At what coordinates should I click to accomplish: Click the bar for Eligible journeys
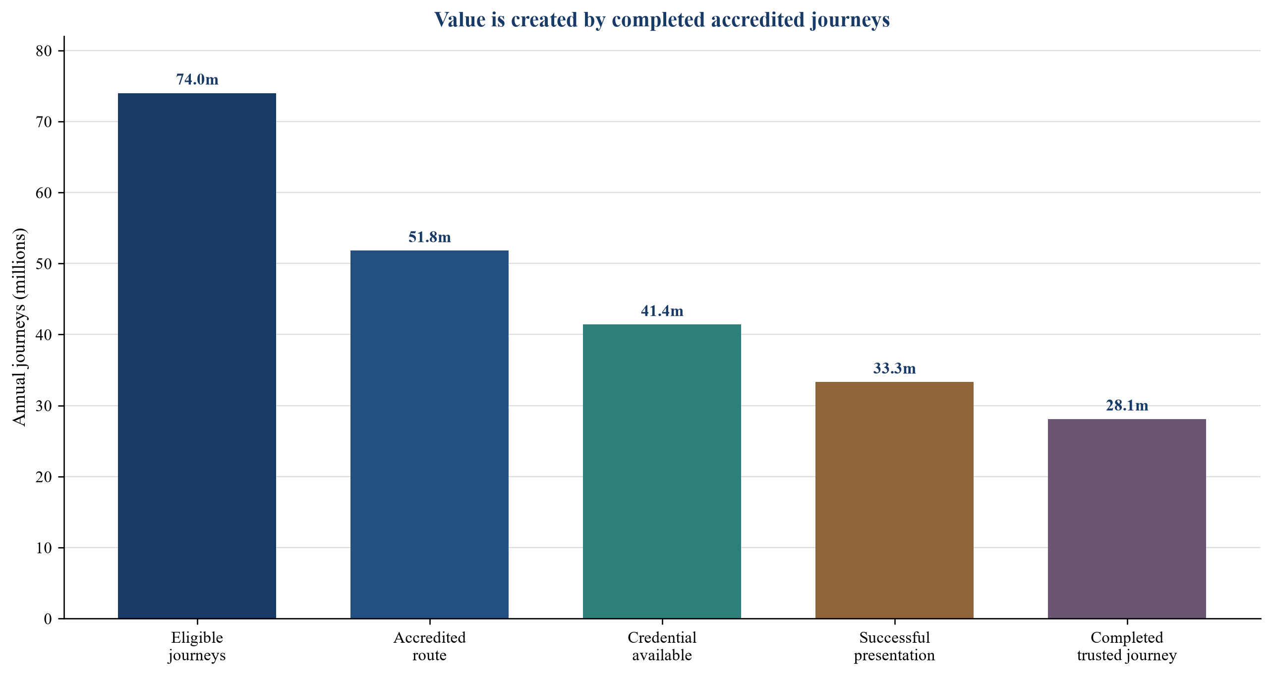[x=197, y=356]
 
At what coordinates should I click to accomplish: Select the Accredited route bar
[x=429, y=434]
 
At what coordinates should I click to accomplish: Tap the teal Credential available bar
[x=662, y=471]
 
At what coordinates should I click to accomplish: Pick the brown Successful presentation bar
[x=894, y=500]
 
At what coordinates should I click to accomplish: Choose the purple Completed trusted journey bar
[x=1127, y=519]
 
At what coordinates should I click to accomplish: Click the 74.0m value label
[x=197, y=79]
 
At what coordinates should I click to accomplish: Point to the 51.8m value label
[x=430, y=237]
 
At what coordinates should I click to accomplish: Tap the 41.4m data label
[x=662, y=311]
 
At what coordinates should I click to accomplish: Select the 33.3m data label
[x=895, y=369]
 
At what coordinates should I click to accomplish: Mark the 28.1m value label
[x=1127, y=406]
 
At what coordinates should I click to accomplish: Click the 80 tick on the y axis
[x=44, y=51]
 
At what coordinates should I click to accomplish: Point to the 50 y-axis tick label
[x=44, y=264]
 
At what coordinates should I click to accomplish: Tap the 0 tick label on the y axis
[x=48, y=619]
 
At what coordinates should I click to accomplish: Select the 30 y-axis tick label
[x=44, y=406]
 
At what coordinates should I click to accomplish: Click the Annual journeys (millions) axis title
[x=19, y=327]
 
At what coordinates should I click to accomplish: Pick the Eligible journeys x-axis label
[x=197, y=646]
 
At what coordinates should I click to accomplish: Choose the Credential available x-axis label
[x=662, y=646]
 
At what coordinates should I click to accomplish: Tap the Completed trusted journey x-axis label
[x=1127, y=646]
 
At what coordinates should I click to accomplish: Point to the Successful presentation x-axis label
[x=894, y=646]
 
